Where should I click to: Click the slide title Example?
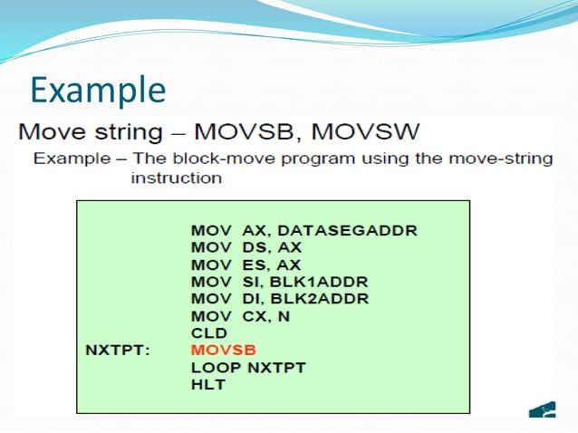(98, 90)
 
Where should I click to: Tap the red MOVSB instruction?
(223, 350)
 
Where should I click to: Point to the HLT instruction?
(208, 384)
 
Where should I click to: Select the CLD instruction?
(207, 332)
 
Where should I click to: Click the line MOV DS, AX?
(246, 247)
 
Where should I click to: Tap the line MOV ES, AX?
(246, 265)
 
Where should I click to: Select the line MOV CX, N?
(243, 316)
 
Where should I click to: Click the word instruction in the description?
(176, 178)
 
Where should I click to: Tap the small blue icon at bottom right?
(544, 409)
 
